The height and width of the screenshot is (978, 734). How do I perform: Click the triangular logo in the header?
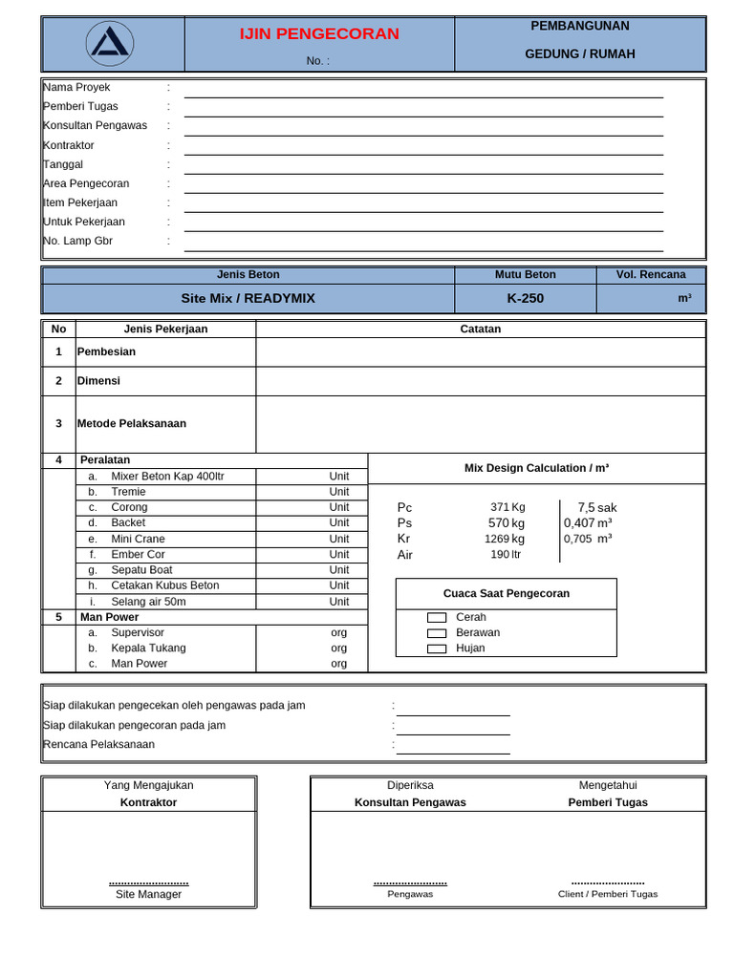(x=110, y=44)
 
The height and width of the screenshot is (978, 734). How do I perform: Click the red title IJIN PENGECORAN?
(x=319, y=34)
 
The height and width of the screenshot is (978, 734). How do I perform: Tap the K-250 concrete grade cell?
(x=525, y=298)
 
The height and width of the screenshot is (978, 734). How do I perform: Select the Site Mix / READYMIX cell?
(x=248, y=298)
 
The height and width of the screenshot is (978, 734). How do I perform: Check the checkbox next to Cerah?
(x=437, y=618)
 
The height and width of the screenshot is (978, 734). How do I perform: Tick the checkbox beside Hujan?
(x=437, y=648)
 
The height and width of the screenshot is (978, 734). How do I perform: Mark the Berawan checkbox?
(x=437, y=633)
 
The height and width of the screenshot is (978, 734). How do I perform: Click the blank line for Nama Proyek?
(x=423, y=92)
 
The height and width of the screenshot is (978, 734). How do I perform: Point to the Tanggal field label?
(x=63, y=164)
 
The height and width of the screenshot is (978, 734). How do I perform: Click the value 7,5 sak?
(x=597, y=507)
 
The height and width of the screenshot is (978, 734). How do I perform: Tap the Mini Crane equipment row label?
(x=138, y=539)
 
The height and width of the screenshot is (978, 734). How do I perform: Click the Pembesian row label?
(x=106, y=351)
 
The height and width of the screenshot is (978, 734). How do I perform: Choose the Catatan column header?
(x=480, y=329)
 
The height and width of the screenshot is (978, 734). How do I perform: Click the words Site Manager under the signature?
(x=148, y=895)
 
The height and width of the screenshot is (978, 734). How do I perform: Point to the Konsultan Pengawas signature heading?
(x=410, y=802)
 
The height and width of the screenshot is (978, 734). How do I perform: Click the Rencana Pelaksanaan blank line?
(x=453, y=749)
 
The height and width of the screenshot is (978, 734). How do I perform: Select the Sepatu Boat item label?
(x=141, y=570)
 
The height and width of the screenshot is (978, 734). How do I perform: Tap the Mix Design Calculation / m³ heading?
(x=536, y=468)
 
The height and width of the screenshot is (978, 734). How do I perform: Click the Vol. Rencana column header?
(x=651, y=274)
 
